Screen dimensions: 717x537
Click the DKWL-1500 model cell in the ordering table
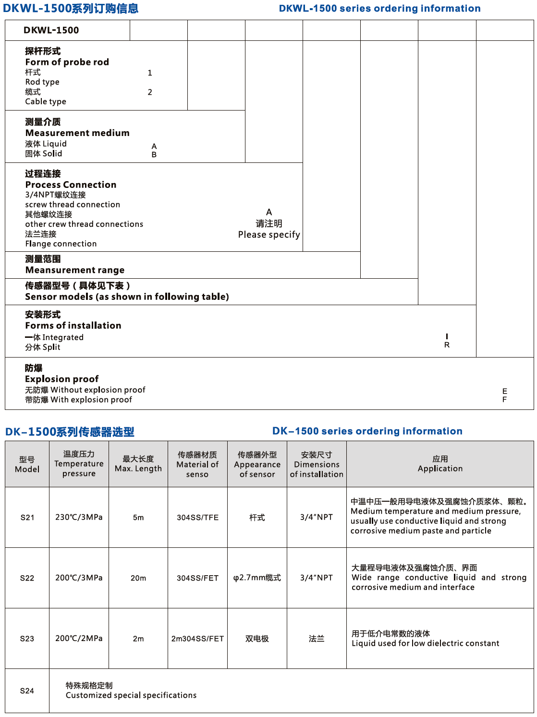click(51, 30)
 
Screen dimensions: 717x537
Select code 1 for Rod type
click(150, 73)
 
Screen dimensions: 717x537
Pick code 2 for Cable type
click(150, 92)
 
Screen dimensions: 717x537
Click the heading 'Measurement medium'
click(77, 133)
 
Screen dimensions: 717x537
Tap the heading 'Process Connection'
click(71, 185)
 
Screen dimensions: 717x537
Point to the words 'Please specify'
click(269, 235)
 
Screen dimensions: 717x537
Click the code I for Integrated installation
click(447, 336)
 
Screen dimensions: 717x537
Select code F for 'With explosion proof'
click(504, 400)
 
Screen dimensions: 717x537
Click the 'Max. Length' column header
click(138, 464)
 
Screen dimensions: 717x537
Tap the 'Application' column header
click(440, 464)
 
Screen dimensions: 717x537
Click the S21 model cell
click(27, 518)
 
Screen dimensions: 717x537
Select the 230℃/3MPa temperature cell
click(79, 518)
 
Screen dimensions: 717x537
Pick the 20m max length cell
click(138, 578)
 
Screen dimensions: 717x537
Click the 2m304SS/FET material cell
click(197, 639)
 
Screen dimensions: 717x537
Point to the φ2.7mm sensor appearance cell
click(257, 578)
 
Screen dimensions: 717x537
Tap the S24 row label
click(27, 691)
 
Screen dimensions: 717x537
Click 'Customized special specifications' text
click(131, 695)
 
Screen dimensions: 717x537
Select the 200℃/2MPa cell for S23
click(79, 639)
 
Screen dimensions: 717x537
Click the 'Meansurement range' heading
click(75, 270)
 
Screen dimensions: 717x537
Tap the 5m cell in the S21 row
click(138, 518)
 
